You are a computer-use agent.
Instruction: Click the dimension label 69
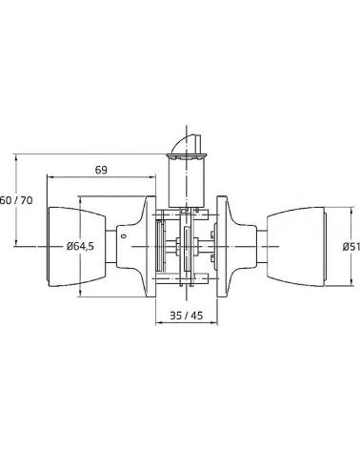[101, 170]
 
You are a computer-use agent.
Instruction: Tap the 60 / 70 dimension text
[16, 200]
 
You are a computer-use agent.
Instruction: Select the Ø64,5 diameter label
[80, 246]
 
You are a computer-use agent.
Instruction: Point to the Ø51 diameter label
[351, 247]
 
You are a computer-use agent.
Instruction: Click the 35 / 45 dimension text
[186, 316]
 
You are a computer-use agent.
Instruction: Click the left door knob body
[76, 247]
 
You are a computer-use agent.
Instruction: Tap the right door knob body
[296, 247]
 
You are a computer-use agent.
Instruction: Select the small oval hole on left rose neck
[124, 236]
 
